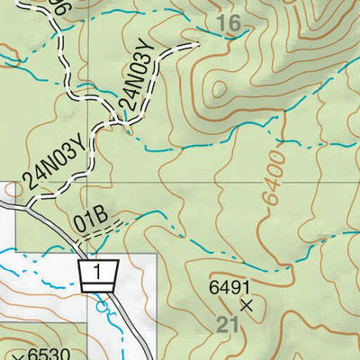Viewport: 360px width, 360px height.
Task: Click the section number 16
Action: (231, 24)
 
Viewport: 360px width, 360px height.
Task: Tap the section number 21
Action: (229, 325)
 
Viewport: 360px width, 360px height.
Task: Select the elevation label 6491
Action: (228, 288)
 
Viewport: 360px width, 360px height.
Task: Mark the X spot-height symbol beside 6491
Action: (248, 305)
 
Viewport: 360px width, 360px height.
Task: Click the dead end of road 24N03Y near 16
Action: (196, 42)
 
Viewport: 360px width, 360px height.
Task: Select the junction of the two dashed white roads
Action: (112, 114)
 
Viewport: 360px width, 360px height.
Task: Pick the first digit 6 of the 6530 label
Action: (31, 354)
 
